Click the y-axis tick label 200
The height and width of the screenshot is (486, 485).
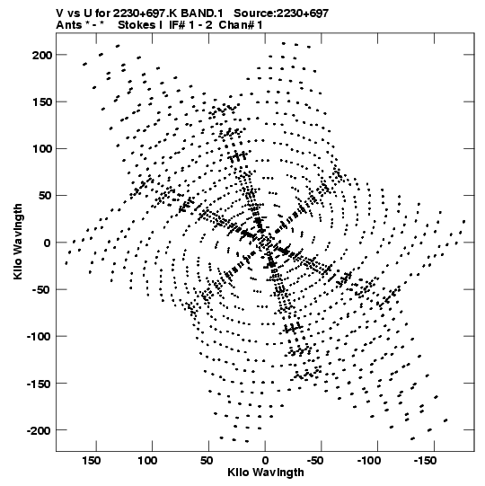click(x=42, y=56)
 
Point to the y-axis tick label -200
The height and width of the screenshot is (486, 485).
click(x=40, y=430)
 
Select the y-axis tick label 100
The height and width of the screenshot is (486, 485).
click(x=42, y=149)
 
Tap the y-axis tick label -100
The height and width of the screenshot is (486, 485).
click(x=40, y=337)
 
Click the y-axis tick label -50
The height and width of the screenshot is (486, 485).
click(x=42, y=290)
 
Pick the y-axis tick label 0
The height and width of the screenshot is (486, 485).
click(x=47, y=243)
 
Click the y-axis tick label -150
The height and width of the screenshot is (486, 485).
click(x=40, y=384)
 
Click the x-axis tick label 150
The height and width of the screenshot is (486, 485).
click(x=91, y=461)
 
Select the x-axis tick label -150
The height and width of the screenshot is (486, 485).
click(x=425, y=461)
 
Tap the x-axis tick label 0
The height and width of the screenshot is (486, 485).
click(x=265, y=461)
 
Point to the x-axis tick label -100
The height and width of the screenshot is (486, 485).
click(x=369, y=461)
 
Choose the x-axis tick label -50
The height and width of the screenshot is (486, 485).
click(x=315, y=461)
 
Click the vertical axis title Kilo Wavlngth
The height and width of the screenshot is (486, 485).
click(x=18, y=242)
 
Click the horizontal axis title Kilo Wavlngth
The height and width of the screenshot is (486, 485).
click(x=266, y=473)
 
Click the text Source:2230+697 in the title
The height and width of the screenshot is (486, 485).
click(x=281, y=13)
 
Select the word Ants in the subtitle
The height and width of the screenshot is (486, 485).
click(x=68, y=25)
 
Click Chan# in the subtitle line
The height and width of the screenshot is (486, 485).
click(x=236, y=25)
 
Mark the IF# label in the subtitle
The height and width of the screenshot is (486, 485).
click(x=177, y=25)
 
